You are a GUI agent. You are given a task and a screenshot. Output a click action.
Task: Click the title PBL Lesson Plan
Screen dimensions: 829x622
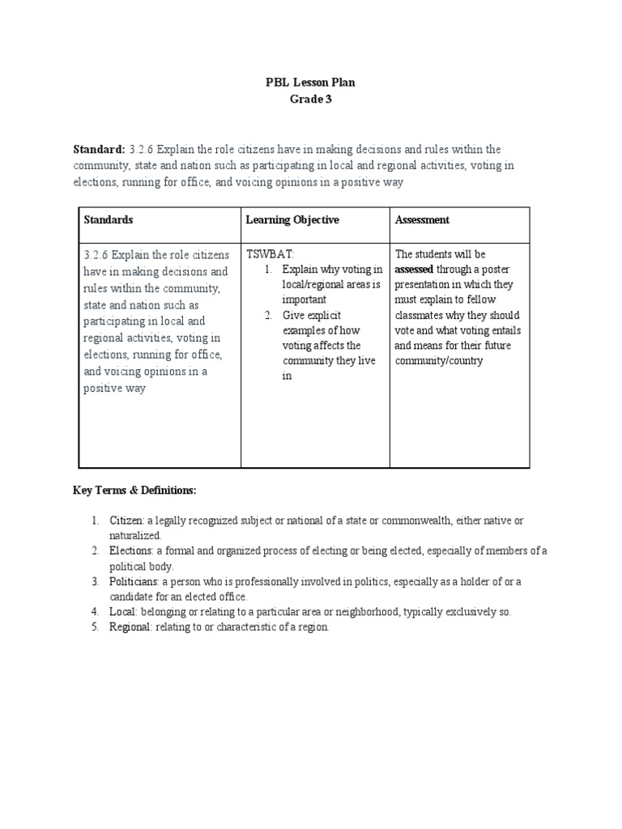click(x=311, y=83)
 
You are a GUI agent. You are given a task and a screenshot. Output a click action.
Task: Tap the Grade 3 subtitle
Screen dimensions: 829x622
click(x=311, y=100)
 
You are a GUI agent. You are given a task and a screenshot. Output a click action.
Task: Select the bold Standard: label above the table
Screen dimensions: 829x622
click(x=99, y=150)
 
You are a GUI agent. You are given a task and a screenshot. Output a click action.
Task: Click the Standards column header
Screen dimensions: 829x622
click(x=108, y=220)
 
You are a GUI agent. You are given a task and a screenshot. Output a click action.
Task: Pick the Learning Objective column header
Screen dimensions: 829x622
click(x=292, y=220)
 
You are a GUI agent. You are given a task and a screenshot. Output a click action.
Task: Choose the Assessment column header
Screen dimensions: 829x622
click(x=422, y=220)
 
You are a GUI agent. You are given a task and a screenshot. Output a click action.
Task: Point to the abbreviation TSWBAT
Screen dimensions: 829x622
click(x=265, y=254)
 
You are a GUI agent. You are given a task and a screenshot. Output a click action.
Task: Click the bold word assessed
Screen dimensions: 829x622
click(x=414, y=270)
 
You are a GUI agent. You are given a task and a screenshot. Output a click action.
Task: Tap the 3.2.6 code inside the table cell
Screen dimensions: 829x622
click(x=95, y=255)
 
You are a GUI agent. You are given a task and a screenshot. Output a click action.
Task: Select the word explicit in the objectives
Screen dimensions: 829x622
click(x=322, y=315)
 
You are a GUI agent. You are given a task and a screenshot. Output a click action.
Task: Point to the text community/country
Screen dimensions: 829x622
click(x=438, y=361)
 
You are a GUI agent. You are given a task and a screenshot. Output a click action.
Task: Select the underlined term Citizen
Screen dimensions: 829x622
click(x=126, y=520)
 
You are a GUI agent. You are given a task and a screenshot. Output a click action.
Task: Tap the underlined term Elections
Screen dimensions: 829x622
click(x=130, y=551)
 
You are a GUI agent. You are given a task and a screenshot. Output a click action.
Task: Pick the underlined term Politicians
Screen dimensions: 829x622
click(x=133, y=581)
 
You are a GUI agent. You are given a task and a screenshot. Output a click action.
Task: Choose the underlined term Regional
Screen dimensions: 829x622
click(x=130, y=628)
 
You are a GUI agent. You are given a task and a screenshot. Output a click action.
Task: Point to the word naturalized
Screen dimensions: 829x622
click(x=135, y=535)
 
